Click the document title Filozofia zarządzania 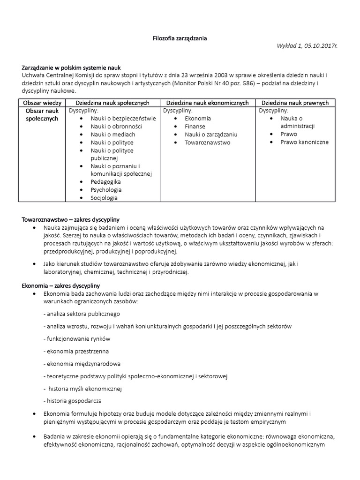[x=180, y=38]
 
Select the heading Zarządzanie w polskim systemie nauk [x=71, y=67]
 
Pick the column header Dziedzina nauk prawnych [x=295, y=103]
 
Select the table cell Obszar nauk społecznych [x=43, y=114]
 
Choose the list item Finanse [x=195, y=127]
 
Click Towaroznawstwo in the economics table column [x=207, y=142]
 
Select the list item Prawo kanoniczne [x=304, y=142]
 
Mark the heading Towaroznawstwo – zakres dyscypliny [x=71, y=219]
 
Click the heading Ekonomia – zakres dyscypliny [x=61, y=285]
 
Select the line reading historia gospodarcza [x=73, y=401]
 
